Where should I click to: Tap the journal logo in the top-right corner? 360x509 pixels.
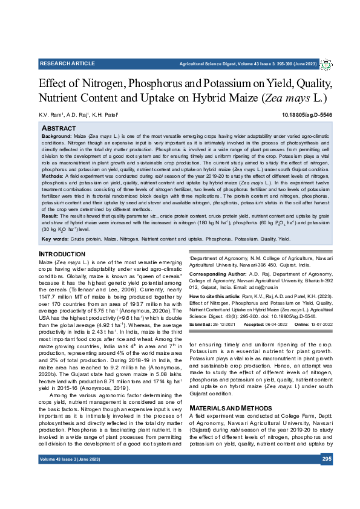pos(326,63)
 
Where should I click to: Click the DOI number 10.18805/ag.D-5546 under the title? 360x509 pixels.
pos(307,114)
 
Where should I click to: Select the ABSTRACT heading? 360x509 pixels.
pos(58,129)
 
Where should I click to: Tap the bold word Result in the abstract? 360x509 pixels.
pos(50,232)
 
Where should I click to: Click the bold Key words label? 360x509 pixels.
pos(55,256)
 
